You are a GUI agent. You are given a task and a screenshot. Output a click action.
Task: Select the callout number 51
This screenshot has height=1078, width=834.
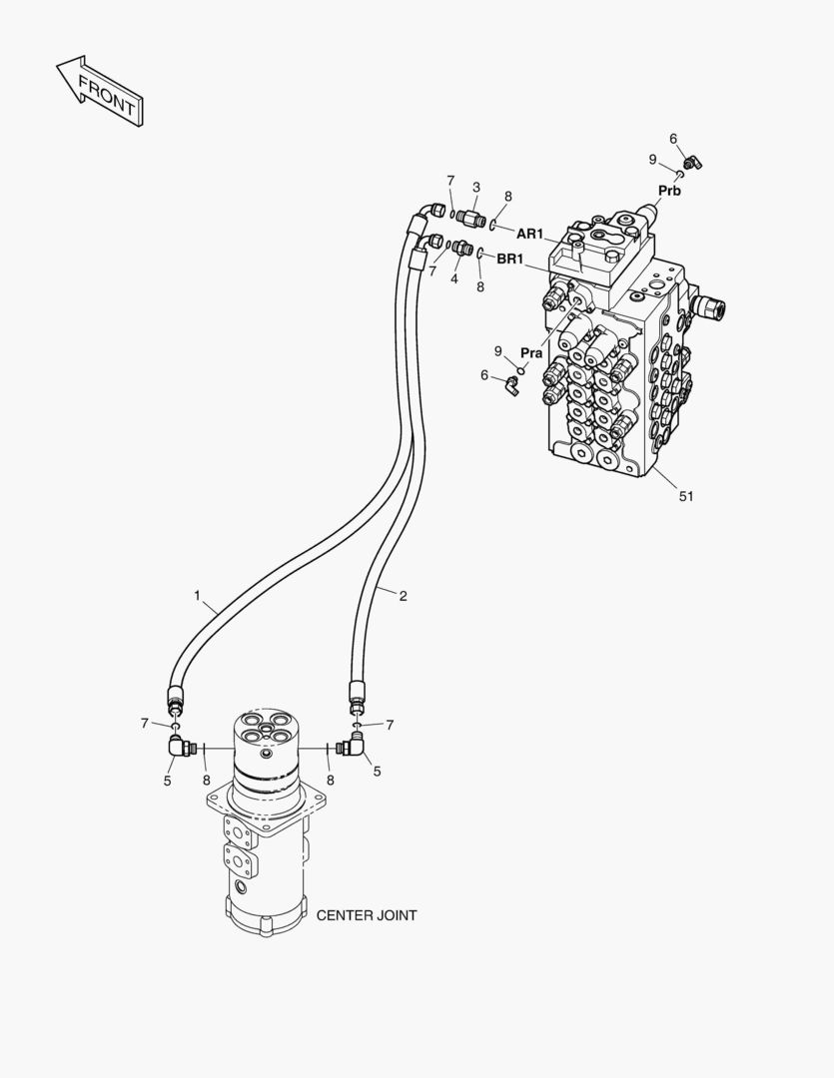pos(685,495)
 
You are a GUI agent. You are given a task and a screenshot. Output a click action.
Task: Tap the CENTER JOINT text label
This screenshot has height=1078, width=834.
pos(367,914)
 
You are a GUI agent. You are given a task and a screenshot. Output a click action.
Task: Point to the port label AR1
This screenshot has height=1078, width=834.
pos(529,234)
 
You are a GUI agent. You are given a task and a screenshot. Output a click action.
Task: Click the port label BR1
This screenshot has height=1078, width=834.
pos(510,260)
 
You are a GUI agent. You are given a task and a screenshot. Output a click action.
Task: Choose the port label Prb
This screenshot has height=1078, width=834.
pos(669,190)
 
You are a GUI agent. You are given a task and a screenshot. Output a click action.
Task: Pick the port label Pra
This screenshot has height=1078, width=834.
pos(531,353)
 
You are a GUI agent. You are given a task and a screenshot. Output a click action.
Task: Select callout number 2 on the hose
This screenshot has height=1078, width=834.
pos(403,596)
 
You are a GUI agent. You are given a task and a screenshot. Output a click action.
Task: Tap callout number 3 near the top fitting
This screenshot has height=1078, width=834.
pos(476,187)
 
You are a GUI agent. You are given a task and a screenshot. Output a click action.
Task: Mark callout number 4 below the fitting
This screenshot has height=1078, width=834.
pos(453,278)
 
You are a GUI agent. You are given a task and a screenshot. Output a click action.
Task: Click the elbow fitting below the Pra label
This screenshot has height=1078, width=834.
pos(510,383)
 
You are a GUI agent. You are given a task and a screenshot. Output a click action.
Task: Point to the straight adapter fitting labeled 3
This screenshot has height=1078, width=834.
pos(473,216)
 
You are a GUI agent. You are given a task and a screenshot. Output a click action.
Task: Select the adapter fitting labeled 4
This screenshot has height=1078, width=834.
pos(460,249)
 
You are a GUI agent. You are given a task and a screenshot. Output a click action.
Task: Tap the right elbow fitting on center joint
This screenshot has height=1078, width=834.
pos(352,745)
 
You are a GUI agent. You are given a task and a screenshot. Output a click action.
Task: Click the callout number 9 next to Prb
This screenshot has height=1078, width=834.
pos(652,159)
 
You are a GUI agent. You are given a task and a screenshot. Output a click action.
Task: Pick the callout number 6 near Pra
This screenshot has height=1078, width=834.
pos(484,375)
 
